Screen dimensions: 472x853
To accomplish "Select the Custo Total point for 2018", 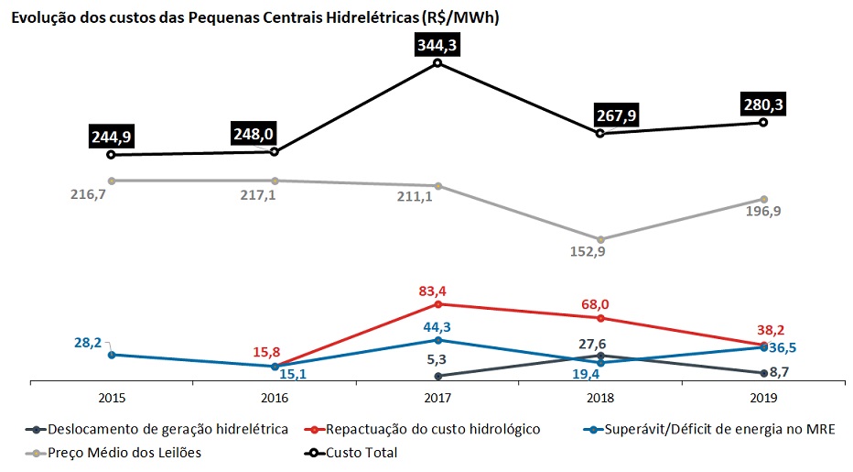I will [600, 133].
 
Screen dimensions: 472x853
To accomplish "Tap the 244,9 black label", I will [111, 137].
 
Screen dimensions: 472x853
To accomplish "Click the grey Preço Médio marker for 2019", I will [763, 199].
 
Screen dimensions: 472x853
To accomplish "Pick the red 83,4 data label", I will [437, 291].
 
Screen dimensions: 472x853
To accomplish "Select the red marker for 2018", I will [600, 318].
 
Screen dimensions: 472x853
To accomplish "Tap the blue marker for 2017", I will [437, 340].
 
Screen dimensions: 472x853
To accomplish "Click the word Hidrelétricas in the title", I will [385, 17].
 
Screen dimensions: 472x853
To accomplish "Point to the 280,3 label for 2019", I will [764, 105].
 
